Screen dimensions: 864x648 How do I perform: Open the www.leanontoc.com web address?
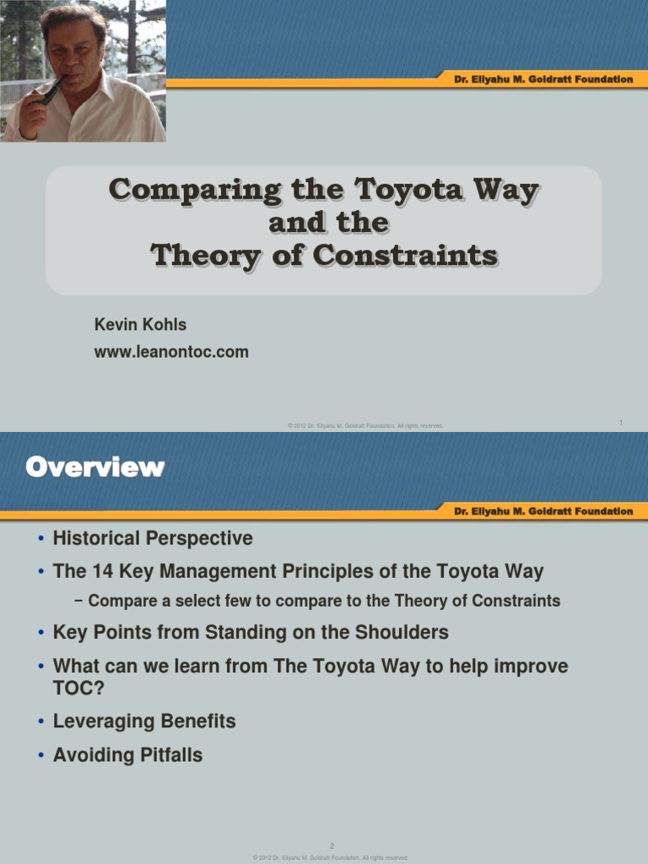[x=170, y=352]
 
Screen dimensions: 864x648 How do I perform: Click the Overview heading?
[x=94, y=467]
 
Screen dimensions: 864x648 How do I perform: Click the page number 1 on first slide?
[x=620, y=422]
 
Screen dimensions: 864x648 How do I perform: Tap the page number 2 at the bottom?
[x=332, y=845]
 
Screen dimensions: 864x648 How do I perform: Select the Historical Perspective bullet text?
[x=153, y=537]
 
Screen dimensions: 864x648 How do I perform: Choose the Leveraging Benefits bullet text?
[x=144, y=721]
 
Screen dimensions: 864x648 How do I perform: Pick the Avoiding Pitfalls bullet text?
[x=127, y=755]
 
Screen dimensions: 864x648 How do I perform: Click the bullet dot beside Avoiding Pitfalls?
[x=40, y=756]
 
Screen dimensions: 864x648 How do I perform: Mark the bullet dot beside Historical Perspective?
[x=40, y=538]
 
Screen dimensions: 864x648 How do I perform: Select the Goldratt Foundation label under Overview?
[x=543, y=511]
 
